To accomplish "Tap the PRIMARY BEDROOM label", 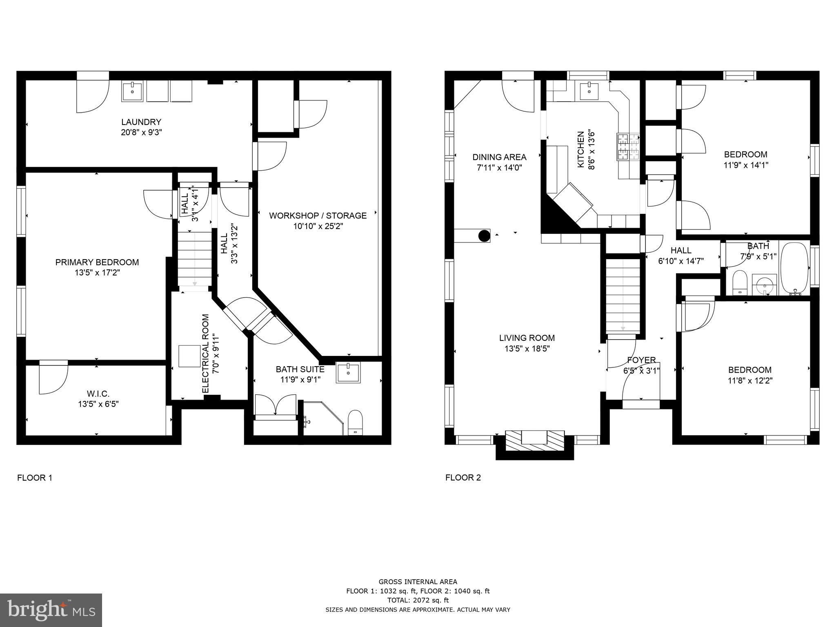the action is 97,262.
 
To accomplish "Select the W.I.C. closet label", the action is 98,394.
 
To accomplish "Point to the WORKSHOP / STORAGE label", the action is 318,216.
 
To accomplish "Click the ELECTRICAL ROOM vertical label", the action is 206,354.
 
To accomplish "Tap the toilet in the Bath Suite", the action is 355,422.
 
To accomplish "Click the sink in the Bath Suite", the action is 348,372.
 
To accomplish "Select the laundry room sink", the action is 132,92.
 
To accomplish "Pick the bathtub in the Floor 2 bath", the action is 794,268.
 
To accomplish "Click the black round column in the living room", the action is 484,236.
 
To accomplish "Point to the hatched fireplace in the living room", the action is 535,441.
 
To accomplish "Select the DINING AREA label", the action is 499,157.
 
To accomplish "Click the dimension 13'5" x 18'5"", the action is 527,349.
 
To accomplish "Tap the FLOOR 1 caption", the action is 35,478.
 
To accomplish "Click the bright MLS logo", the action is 51,610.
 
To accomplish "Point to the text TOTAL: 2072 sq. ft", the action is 418,600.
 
